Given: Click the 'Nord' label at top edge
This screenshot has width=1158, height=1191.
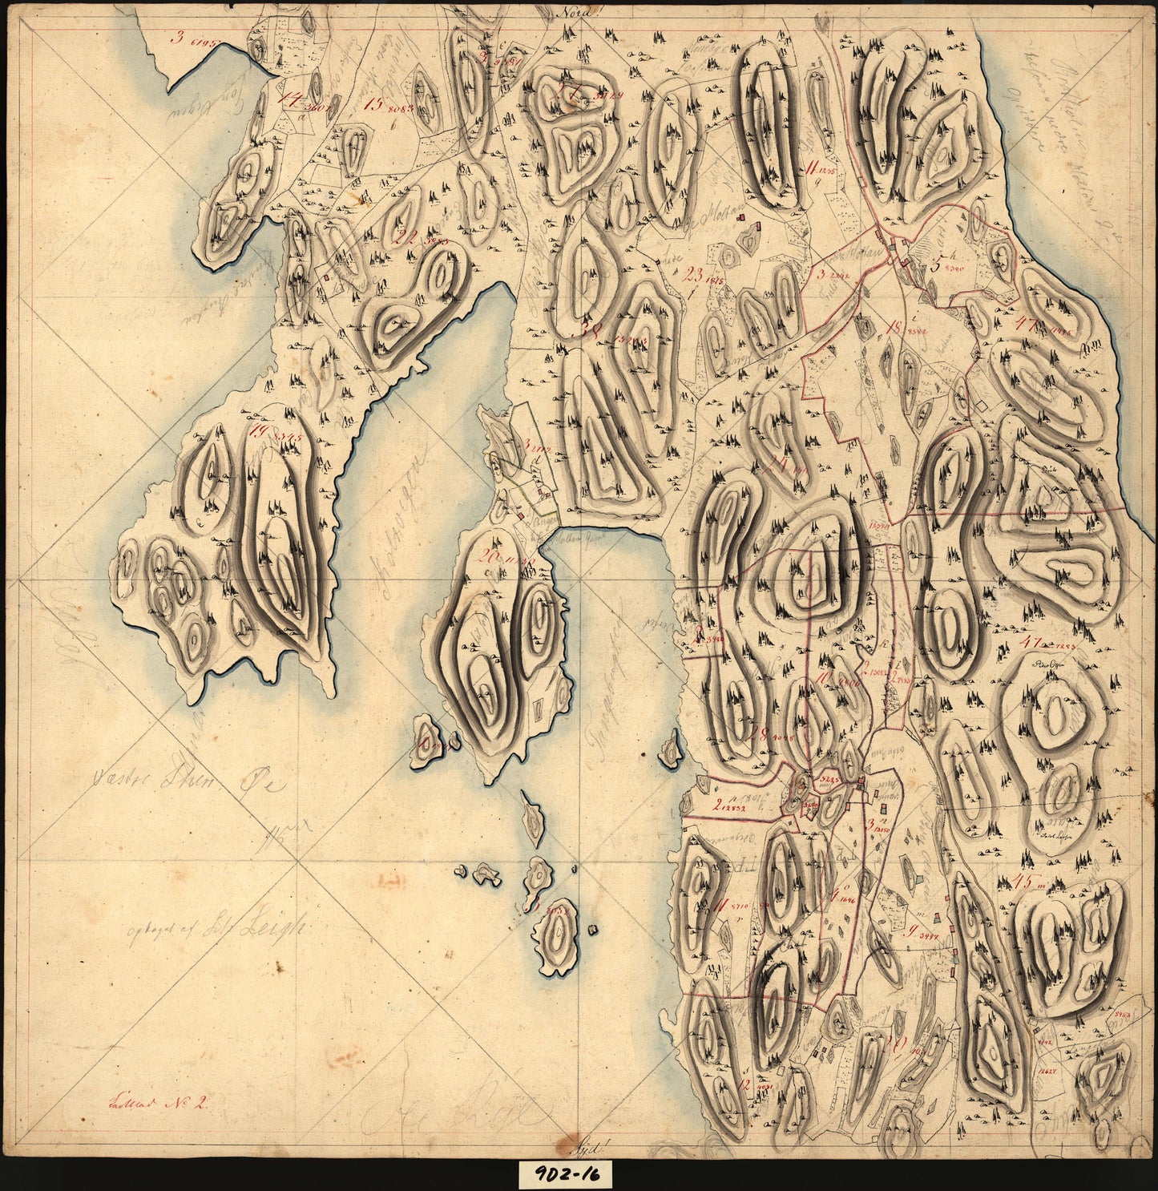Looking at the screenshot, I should [x=571, y=12].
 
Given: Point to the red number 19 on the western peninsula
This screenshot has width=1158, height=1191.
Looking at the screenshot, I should [x=258, y=432].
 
